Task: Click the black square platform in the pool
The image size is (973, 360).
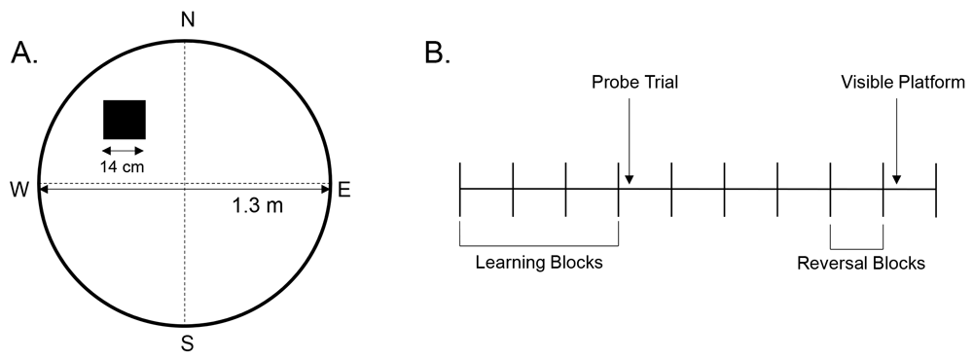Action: pyautogui.click(x=125, y=120)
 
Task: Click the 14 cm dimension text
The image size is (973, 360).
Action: pyautogui.click(x=123, y=165)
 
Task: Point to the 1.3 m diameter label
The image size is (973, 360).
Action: pyautogui.click(x=256, y=206)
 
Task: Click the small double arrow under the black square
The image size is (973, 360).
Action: pyautogui.click(x=124, y=150)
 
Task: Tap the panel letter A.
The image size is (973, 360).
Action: pyautogui.click(x=24, y=54)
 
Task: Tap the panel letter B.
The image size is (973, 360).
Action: pyautogui.click(x=437, y=54)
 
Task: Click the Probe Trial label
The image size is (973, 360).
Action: pyautogui.click(x=634, y=83)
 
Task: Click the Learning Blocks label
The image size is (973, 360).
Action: pyautogui.click(x=539, y=262)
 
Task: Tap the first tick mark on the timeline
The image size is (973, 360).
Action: pyautogui.click(x=460, y=189)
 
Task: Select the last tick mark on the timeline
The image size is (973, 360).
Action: pyautogui.click(x=935, y=189)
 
